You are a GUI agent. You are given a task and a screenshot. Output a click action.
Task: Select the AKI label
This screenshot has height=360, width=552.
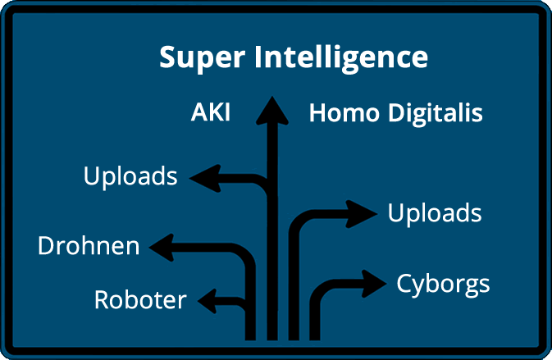(210, 113)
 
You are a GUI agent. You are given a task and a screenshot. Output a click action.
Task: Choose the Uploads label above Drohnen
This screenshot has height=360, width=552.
(130, 176)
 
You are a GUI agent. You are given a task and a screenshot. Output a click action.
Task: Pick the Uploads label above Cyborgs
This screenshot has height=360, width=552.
(434, 214)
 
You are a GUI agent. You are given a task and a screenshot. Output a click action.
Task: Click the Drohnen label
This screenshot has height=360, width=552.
(89, 245)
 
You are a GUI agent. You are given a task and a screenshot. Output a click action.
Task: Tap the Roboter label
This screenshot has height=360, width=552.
(140, 300)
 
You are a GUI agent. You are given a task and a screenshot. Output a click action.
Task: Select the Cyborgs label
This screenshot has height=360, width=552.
(443, 285)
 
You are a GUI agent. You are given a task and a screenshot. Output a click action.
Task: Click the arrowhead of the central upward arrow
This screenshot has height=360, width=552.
(272, 109)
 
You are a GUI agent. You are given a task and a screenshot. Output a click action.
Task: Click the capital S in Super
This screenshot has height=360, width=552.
(167, 59)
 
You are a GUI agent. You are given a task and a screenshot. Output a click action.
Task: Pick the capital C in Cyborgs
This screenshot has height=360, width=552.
(404, 284)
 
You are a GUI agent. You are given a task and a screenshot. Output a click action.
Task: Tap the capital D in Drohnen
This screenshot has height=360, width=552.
(47, 245)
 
